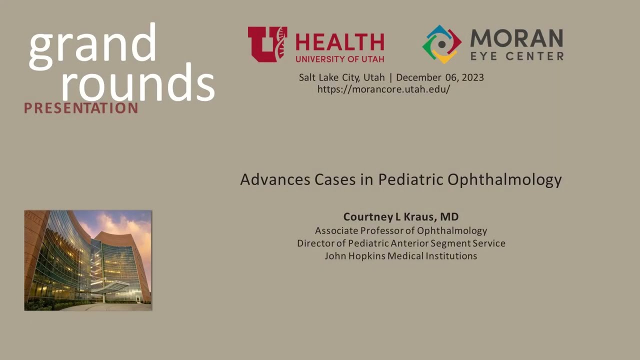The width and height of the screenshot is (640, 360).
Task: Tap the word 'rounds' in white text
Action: coord(137,82)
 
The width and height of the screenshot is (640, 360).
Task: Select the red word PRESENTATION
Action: coord(81,108)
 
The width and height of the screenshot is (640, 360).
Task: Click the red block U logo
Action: coord(267,44)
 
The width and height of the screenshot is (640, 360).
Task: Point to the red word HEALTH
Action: coord(339,42)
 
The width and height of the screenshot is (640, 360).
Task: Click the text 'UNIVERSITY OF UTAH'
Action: coord(339,58)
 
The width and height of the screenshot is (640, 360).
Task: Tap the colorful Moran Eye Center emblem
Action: coord(441,44)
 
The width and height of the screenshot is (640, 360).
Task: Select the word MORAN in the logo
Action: coord(516,38)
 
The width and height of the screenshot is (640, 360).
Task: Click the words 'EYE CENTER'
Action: coord(516,56)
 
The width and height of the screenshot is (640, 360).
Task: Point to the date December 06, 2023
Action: coord(440,77)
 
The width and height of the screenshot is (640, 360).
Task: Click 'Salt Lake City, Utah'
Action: coord(342,77)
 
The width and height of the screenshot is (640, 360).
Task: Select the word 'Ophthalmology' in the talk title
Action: coord(504,180)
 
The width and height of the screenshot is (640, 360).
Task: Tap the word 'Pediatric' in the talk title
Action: coord(410,179)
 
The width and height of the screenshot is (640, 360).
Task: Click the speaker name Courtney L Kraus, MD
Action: coord(400,217)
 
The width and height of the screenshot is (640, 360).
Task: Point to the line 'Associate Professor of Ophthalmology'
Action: coord(400,230)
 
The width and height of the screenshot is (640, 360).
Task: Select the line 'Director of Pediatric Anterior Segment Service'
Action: coord(401,243)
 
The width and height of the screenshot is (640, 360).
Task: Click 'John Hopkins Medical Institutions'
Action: coord(400,256)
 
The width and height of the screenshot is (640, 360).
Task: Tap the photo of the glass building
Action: coord(88,260)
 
